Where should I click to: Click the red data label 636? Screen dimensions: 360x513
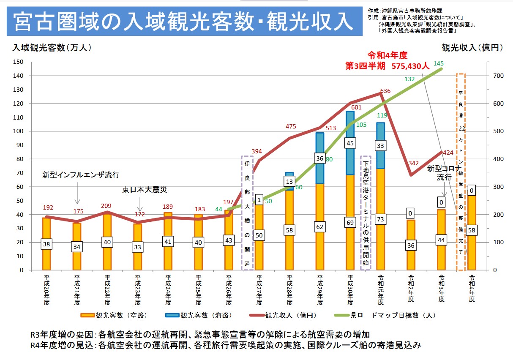pyautogui.click(x=385, y=91)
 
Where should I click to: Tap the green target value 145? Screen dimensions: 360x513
pyautogui.click(x=438, y=64)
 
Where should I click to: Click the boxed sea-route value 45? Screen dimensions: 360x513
pyautogui.click(x=350, y=143)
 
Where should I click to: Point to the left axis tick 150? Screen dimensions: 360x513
pyautogui.click(x=18, y=62)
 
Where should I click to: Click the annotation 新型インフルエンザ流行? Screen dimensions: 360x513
pyautogui.click(x=81, y=175)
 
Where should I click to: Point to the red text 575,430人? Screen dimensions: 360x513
pyautogui.click(x=410, y=66)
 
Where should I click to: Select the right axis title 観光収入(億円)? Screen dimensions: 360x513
pyautogui.click(x=472, y=48)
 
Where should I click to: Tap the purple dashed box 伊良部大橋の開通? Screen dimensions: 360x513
pyautogui.click(x=248, y=213)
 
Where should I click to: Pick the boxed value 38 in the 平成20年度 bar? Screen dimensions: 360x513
pyautogui.click(x=46, y=244)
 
